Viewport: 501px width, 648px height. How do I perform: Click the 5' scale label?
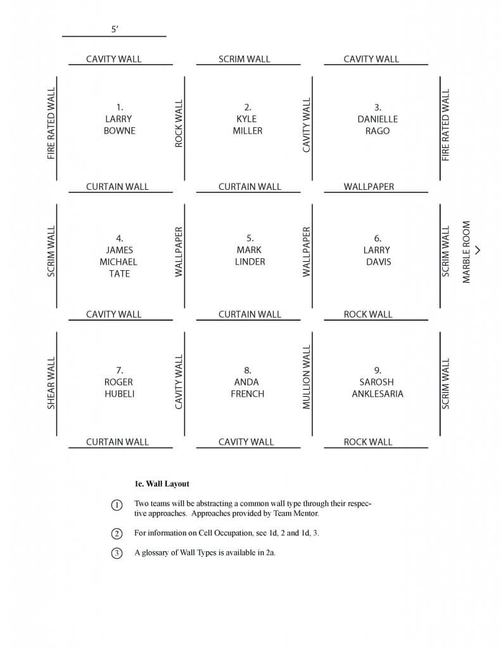point(115,29)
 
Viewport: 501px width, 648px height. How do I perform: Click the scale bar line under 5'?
point(114,36)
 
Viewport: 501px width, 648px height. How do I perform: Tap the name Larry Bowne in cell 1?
point(119,125)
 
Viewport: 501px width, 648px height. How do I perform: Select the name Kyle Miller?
point(248,125)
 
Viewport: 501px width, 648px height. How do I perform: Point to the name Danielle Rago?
point(377,125)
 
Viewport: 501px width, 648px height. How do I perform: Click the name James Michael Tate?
point(118,261)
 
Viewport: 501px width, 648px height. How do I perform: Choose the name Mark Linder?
point(250,256)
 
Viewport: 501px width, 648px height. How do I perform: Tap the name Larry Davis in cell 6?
point(377,256)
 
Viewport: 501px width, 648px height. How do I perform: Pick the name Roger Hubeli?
point(119,388)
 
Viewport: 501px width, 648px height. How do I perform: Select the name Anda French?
point(248,388)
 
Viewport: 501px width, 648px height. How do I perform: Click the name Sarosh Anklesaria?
point(377,388)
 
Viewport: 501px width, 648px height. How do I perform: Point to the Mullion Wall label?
point(307,377)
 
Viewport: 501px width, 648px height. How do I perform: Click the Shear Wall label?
point(51,383)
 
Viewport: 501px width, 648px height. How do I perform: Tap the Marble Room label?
point(466,252)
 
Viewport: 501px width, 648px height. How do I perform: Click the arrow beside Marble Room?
point(478,250)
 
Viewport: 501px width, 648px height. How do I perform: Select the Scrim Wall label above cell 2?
point(244,59)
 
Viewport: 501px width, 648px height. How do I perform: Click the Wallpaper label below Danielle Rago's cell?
point(369,187)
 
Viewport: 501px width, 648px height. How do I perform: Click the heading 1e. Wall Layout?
point(162,484)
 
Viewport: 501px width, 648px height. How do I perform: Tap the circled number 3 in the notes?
point(117,553)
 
